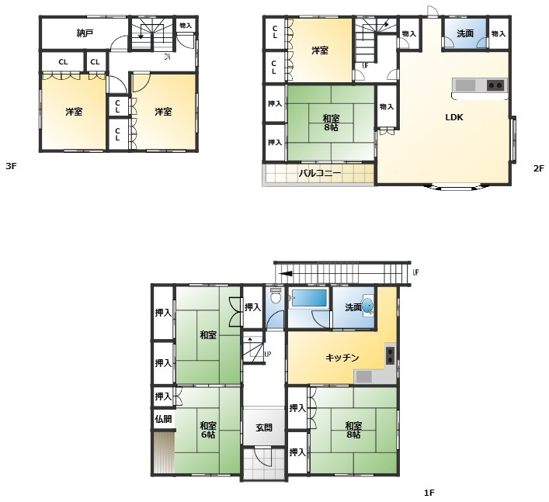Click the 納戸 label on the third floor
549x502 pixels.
tap(85, 33)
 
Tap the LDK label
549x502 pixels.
tap(454, 117)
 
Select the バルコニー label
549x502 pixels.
tap(320, 173)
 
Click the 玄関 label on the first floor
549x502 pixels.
tap(264, 428)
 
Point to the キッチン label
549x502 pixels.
tap(342, 358)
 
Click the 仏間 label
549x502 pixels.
tap(164, 419)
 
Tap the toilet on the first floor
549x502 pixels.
tap(276, 296)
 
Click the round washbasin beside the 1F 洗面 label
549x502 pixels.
tap(367, 306)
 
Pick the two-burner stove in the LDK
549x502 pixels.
tap(495, 85)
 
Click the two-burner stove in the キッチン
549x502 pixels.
tap(390, 355)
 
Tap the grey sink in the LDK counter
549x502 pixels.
tap(465, 85)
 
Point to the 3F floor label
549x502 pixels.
tap(11, 166)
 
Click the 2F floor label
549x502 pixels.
tap(539, 168)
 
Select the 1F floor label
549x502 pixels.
tap(429, 493)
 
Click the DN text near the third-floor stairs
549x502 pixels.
tap(168, 57)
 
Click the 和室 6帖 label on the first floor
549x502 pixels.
tap(208, 430)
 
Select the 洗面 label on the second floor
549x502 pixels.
tap(465, 33)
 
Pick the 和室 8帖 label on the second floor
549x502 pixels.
tap(331, 123)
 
